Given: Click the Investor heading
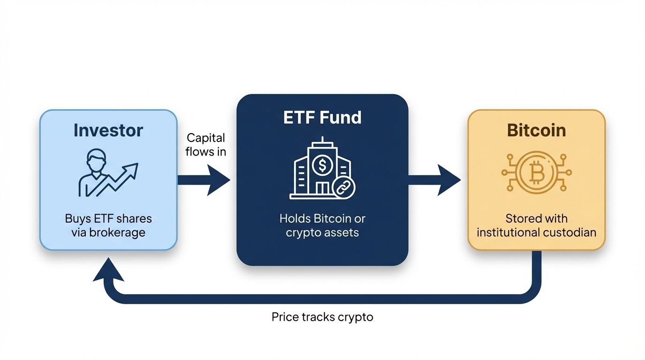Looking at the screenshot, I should [x=108, y=130].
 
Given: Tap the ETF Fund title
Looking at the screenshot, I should [x=322, y=117].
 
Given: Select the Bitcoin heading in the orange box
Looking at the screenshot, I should [x=536, y=130].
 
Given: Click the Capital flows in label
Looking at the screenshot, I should [x=206, y=144].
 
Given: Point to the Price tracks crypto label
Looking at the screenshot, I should [x=322, y=317].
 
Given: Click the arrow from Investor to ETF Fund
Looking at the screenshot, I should [x=203, y=180].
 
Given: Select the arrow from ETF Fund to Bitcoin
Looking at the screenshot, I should [x=434, y=180].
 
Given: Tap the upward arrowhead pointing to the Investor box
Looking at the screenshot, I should [x=108, y=272].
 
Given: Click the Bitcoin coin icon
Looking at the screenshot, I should [x=536, y=172].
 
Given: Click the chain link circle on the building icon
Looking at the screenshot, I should [x=343, y=188].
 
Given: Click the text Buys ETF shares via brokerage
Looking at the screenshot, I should [x=108, y=225].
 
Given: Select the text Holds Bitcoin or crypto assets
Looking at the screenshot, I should [x=322, y=225].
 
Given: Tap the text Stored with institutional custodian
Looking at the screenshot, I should [x=536, y=225].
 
